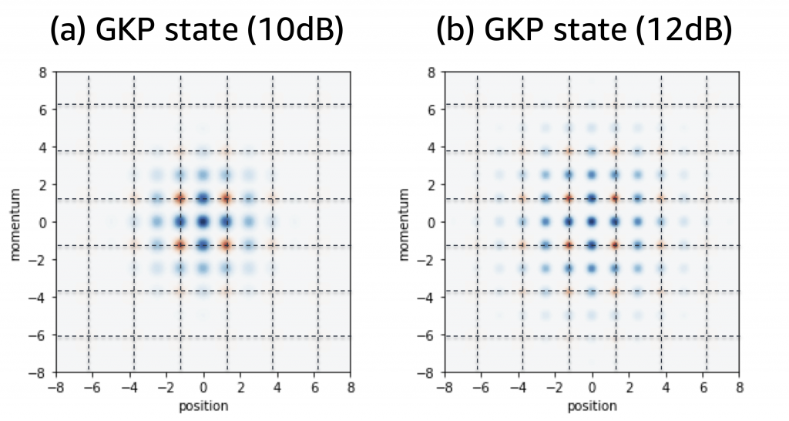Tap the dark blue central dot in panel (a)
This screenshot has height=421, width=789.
pos(203,222)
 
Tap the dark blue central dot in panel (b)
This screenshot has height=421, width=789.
pos(592,222)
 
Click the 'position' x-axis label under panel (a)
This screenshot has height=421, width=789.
pos(203,404)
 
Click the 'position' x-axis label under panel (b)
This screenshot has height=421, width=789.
pos(592,404)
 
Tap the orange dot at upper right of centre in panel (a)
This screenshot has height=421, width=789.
pos(227,199)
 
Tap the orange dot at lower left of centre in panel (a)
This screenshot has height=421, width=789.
pos(180,246)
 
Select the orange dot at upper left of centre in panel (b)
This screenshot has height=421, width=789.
pos(569,199)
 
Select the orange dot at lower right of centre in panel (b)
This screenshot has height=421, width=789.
pos(615,246)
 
